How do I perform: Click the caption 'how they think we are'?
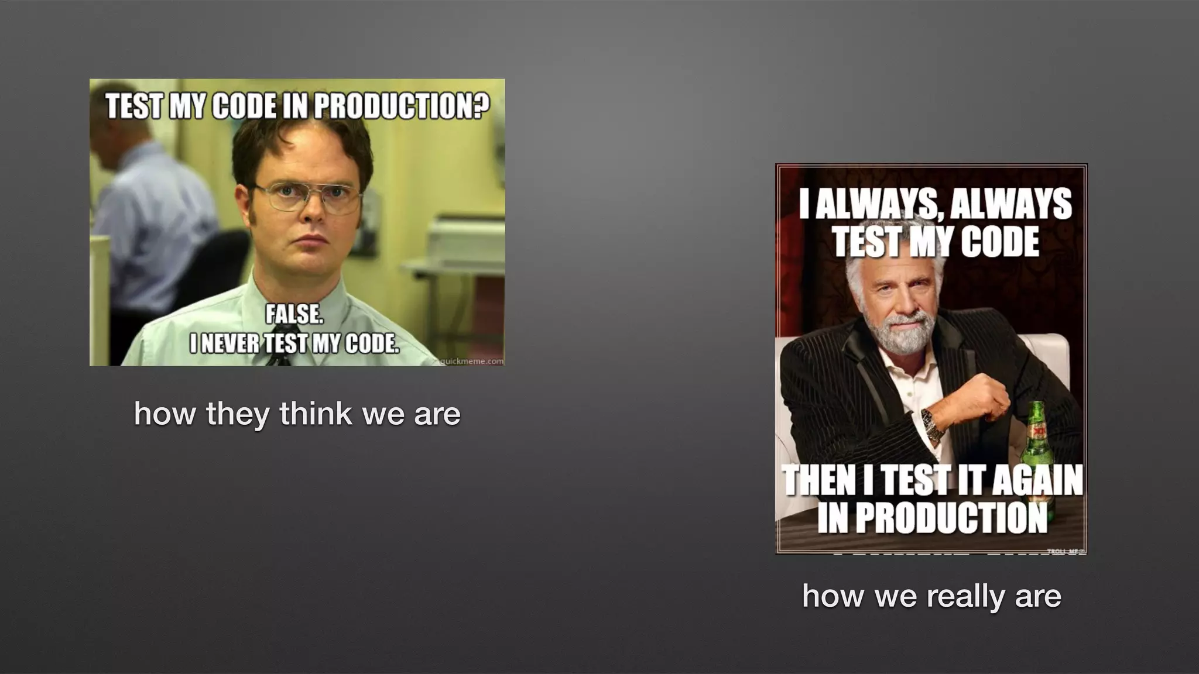(297, 414)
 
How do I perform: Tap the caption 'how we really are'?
(931, 596)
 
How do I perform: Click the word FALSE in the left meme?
(294, 315)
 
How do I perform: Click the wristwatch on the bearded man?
(932, 425)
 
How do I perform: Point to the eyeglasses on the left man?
(307, 197)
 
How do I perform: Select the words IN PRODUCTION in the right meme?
(932, 517)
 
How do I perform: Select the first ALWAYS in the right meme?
(870, 204)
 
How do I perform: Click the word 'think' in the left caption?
(316, 414)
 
